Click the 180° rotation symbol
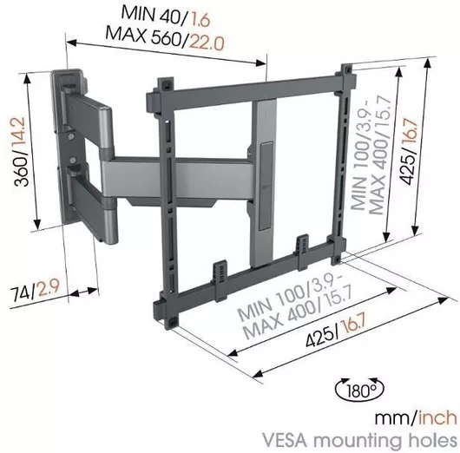(x=359, y=390)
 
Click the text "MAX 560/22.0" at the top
(x=165, y=39)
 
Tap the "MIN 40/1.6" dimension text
(x=166, y=17)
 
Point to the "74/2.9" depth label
(x=36, y=290)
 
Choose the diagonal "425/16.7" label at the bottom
(x=335, y=331)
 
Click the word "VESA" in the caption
(x=285, y=441)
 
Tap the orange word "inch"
(x=437, y=417)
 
